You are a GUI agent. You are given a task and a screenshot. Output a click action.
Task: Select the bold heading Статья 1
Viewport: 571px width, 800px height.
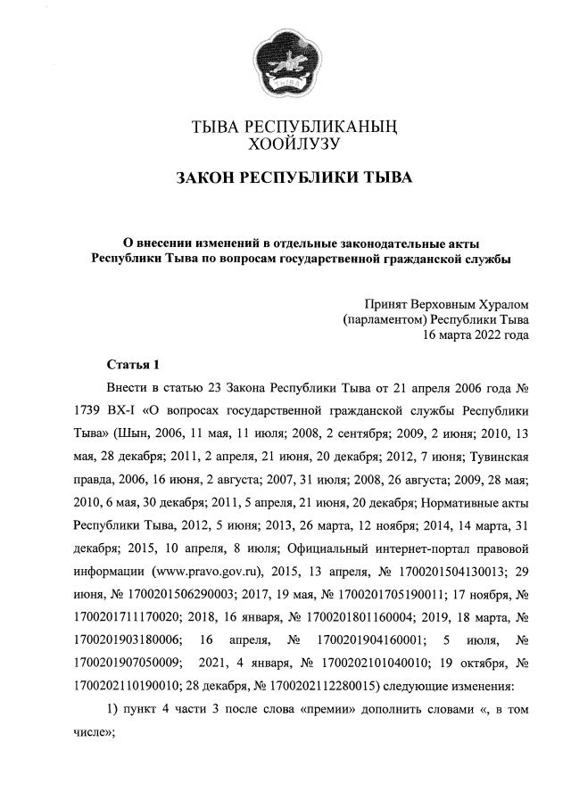(132, 365)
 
